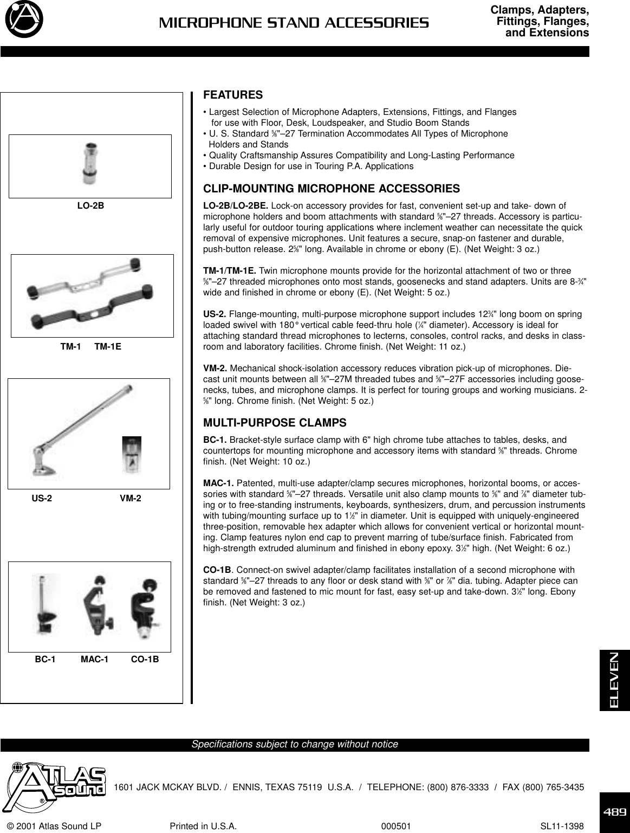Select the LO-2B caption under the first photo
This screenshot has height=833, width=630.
point(90,205)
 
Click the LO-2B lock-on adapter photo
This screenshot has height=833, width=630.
point(89,163)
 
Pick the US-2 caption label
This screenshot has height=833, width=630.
point(42,498)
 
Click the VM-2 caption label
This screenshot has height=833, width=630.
point(130,498)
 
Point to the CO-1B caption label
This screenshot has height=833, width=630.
point(145,660)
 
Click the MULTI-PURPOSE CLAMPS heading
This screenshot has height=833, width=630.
point(274,422)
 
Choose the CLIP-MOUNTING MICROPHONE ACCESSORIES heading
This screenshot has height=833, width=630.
point(331,189)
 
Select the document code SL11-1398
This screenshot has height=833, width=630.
point(562,826)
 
